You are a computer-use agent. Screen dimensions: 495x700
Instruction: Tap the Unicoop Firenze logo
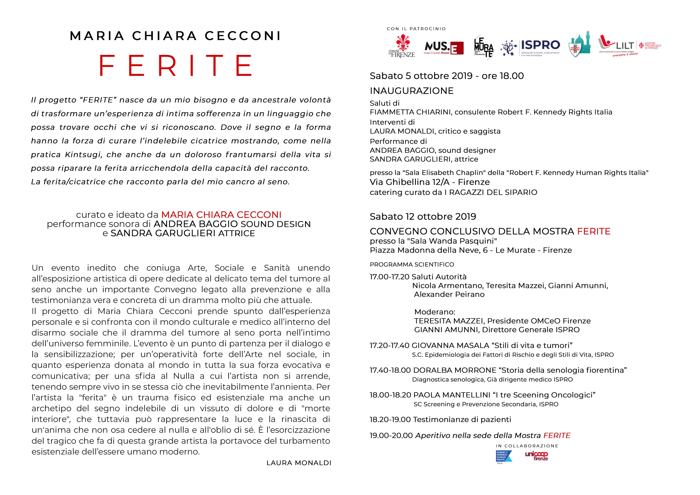[536, 456]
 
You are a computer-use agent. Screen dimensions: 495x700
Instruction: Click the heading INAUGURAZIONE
[412, 91]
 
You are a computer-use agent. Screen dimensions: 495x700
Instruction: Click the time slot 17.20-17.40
[389, 346]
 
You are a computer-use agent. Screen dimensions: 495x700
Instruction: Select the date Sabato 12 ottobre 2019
[423, 217]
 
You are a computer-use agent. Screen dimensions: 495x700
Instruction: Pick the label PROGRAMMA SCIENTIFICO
[412, 265]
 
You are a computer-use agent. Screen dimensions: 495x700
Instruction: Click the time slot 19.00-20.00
[391, 436]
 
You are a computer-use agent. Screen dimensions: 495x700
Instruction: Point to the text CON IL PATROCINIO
[416, 29]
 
